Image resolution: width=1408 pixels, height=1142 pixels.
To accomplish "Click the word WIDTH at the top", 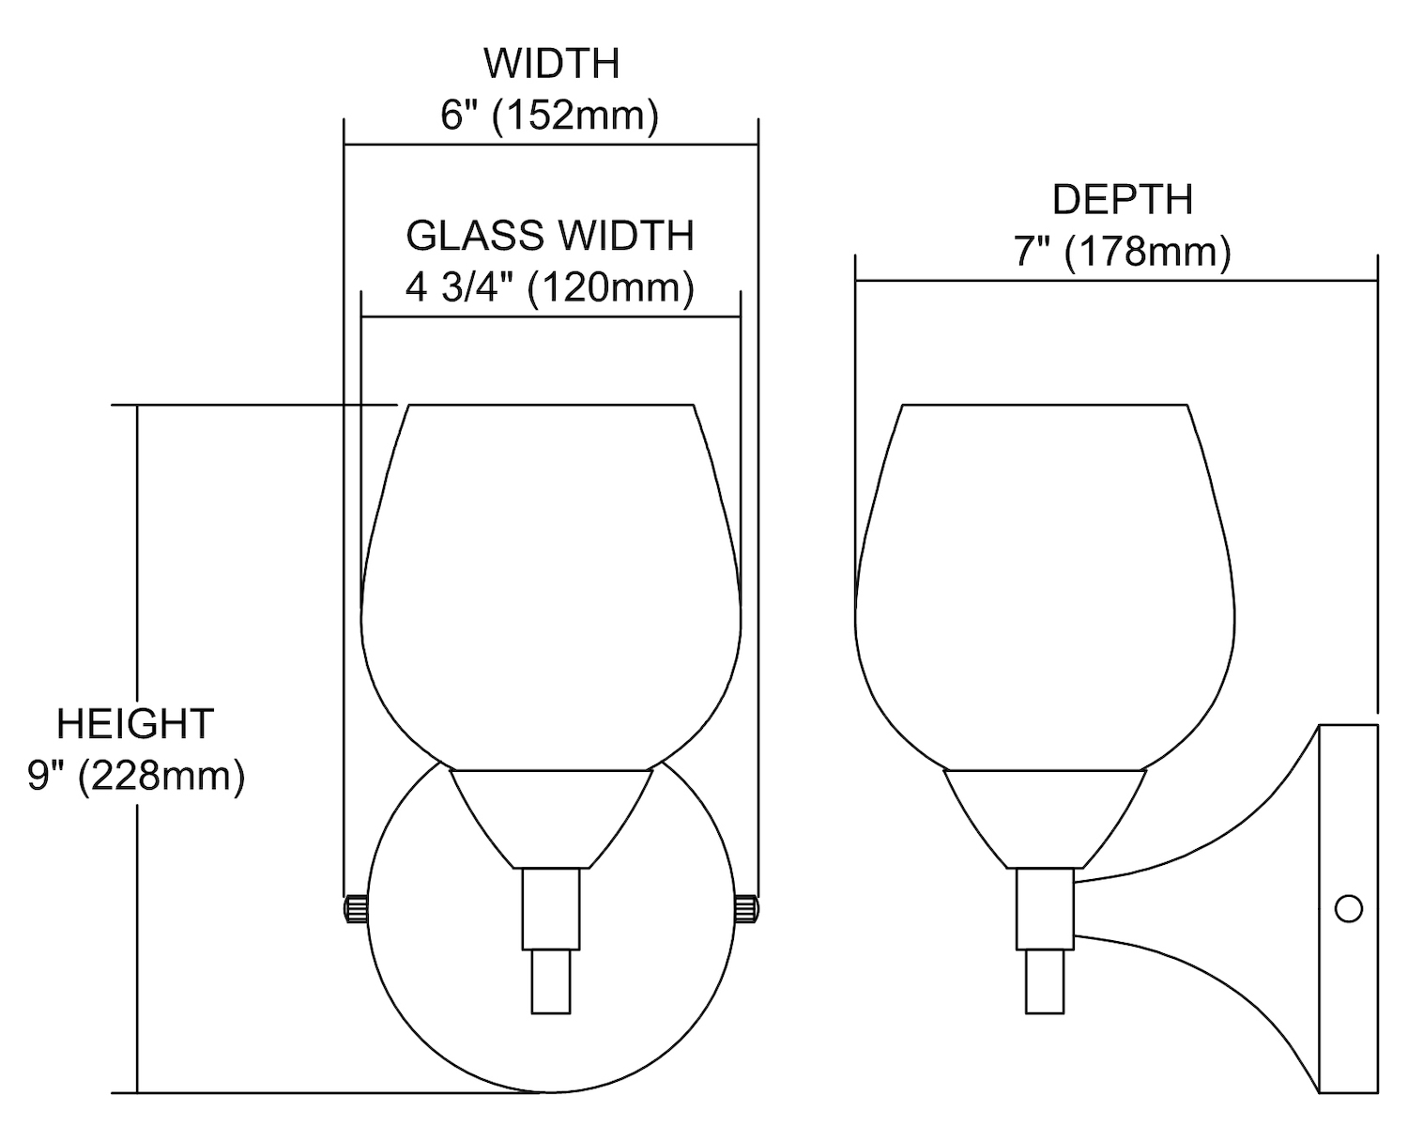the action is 551,64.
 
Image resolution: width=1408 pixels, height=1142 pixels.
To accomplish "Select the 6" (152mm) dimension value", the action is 550,116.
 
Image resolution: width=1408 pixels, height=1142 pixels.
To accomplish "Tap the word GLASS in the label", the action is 475,236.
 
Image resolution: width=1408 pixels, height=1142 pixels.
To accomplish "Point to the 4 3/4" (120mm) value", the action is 550,287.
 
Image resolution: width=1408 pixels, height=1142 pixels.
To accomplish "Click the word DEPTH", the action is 1123,199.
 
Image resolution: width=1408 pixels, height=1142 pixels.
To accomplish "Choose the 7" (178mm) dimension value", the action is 1123,252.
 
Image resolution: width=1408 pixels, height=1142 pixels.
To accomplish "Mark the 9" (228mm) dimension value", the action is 136,776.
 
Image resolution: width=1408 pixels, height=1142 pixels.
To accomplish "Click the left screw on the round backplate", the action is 356,908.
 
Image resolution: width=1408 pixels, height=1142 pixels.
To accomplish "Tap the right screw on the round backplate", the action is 746,908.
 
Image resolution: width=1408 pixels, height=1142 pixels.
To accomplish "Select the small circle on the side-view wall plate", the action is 1349,908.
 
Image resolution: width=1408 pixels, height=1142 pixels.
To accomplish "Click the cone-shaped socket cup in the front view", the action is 551,819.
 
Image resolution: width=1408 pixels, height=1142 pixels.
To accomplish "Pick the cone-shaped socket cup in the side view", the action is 1045,819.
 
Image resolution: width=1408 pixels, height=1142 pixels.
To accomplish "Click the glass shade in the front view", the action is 551,587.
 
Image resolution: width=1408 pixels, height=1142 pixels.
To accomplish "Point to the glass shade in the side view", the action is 1045,587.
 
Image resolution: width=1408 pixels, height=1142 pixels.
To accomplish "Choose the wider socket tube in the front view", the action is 551,909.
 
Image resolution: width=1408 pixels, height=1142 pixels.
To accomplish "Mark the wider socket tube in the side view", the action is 1045,909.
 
